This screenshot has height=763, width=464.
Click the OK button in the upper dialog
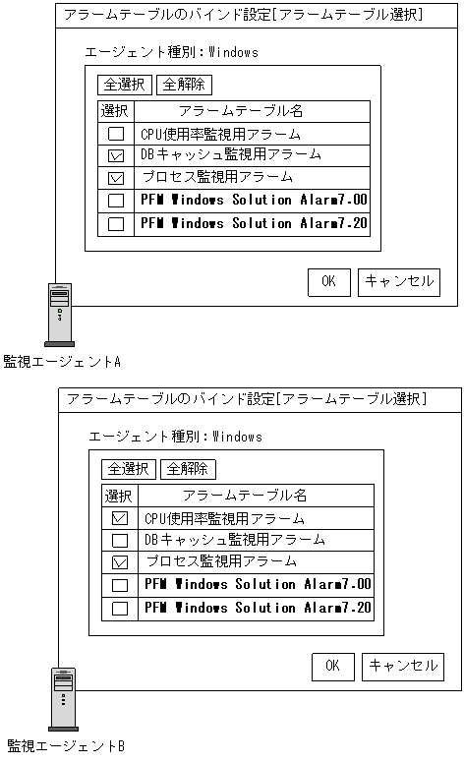[328, 281]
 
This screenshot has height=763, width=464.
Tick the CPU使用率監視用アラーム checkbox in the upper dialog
[116, 134]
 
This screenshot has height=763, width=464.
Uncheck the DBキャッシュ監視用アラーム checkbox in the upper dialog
[116, 155]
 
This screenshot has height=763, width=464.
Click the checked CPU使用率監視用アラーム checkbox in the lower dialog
[120, 518]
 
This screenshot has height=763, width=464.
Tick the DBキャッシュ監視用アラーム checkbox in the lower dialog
[120, 540]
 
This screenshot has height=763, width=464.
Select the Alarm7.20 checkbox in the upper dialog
[116, 223]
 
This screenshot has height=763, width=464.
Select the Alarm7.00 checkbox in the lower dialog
[120, 585]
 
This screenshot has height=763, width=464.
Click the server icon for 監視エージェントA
[60, 311]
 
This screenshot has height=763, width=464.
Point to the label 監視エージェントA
[62, 362]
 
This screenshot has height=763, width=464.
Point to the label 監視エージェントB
[66, 746]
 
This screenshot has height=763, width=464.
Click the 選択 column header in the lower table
[119, 496]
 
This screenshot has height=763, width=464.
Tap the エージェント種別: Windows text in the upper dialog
[172, 52]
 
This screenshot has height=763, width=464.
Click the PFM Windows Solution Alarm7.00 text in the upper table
[254, 200]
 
